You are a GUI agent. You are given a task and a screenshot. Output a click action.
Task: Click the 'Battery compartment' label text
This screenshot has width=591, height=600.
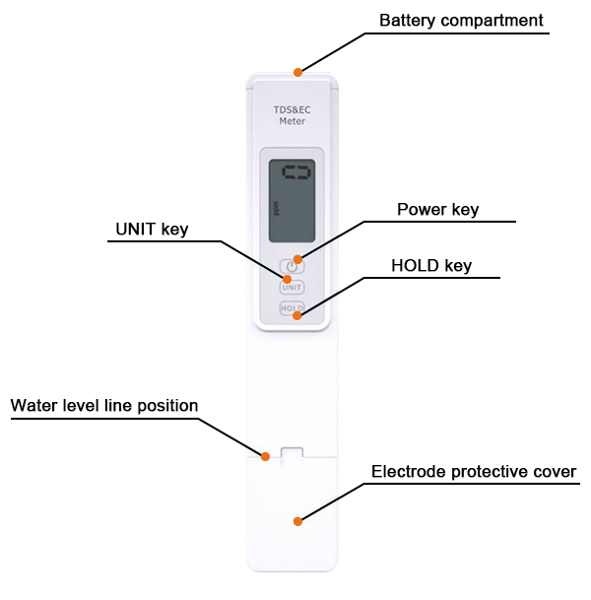coord(461,20)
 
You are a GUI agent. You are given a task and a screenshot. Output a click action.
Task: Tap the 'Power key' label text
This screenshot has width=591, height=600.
coord(437,210)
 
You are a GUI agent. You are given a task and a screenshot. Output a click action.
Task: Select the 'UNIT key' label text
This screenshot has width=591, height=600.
coord(152,230)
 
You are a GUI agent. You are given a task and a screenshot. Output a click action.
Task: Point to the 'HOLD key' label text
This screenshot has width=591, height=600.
coord(431,266)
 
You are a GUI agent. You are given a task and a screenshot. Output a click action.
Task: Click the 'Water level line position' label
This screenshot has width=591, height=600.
coord(104,406)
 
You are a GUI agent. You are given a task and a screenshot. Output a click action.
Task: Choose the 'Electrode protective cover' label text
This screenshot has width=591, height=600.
coord(474,472)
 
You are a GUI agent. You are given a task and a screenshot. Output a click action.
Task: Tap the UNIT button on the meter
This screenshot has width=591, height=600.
coord(292,288)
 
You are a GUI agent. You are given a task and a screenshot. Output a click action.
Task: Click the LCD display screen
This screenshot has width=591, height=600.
coord(292,203)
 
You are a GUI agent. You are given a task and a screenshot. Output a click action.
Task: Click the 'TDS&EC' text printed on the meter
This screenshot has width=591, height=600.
coord(292,108)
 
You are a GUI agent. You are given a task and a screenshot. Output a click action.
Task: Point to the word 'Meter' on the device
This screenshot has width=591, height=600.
coord(292,122)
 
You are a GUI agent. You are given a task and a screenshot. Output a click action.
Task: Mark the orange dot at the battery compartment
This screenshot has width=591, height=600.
coord(296,71)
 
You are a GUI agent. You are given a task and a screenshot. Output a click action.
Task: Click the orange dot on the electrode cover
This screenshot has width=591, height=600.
coord(297,519)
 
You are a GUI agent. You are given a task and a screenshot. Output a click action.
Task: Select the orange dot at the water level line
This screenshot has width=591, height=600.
coord(265,455)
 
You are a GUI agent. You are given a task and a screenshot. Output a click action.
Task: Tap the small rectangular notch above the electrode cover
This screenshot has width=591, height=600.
coord(292,453)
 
